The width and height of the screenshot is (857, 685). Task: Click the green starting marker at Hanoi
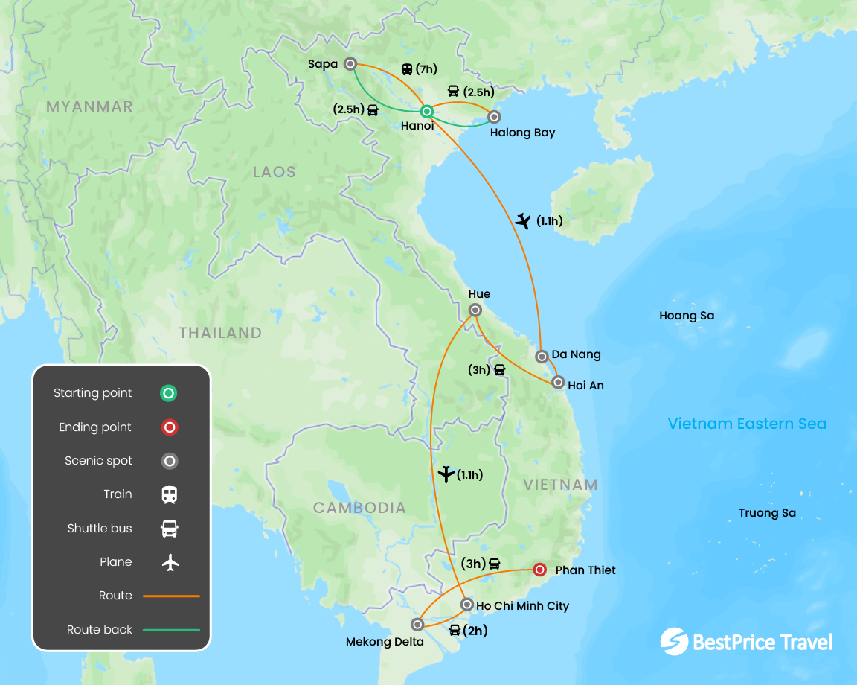point(427,112)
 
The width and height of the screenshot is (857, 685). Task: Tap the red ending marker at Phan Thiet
point(541,570)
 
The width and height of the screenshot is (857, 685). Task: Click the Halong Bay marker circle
point(494,116)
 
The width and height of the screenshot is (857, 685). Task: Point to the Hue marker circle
point(475,310)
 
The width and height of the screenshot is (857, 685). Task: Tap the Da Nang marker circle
point(542,356)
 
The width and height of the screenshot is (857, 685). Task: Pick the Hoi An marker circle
point(558,383)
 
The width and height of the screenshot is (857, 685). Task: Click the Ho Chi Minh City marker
point(466,604)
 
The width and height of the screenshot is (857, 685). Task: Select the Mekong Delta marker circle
point(418,624)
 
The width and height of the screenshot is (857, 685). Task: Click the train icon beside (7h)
point(407,69)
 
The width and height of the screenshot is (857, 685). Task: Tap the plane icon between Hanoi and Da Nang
point(523,220)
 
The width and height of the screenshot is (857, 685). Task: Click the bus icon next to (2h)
point(455,631)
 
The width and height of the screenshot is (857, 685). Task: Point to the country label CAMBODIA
point(359,508)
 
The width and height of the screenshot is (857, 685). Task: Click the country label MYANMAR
point(89,106)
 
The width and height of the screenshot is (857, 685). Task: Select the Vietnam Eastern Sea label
point(747,424)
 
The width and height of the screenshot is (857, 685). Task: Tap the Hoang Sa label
point(687,316)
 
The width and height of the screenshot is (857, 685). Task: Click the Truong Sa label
point(767,513)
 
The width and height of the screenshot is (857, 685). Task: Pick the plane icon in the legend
point(170,562)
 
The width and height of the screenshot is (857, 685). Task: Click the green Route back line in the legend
point(171,630)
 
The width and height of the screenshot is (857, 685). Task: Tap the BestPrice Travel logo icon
point(673,642)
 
